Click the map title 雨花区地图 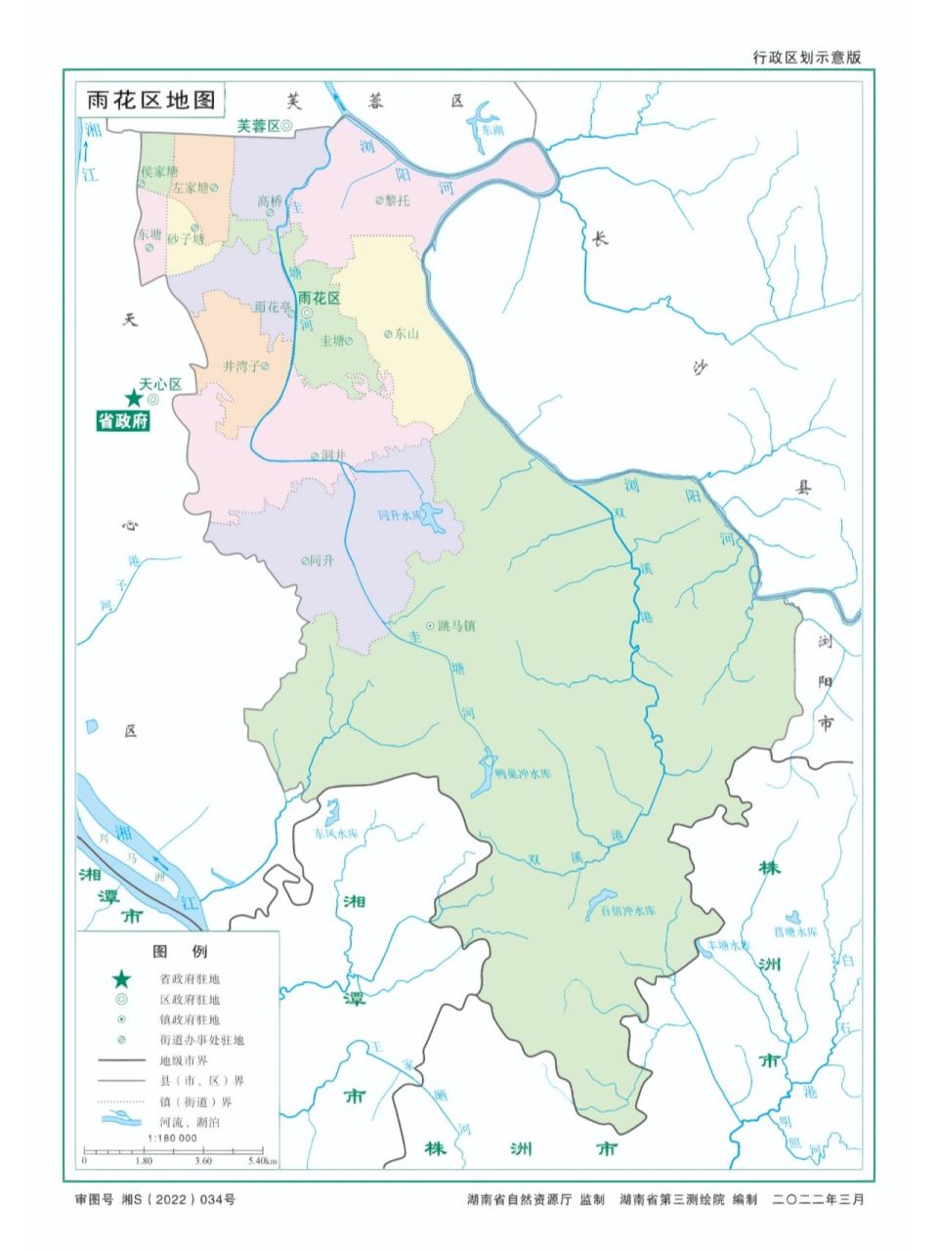[150, 100]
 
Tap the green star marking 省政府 [133, 398]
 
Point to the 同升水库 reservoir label [399, 515]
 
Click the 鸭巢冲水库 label [524, 772]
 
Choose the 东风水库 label [336, 835]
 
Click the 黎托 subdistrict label [397, 199]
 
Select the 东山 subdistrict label [406, 333]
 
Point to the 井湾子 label [241, 367]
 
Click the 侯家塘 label [159, 170]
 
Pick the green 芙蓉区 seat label [258, 126]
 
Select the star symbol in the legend [121, 978]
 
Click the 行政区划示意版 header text [807, 58]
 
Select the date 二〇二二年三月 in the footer [818, 1199]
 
